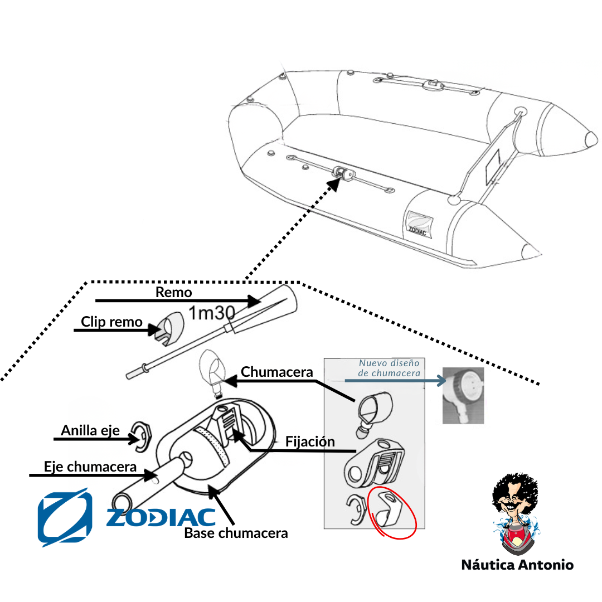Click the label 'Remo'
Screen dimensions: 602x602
pyautogui.click(x=173, y=292)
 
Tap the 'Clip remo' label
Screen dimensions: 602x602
pyautogui.click(x=111, y=322)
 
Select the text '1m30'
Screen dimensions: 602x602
pyautogui.click(x=211, y=313)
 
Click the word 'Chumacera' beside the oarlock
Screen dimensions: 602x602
pyautogui.click(x=276, y=372)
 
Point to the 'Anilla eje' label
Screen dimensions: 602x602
pyautogui.click(x=90, y=430)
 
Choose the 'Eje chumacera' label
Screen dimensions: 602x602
pyautogui.click(x=90, y=467)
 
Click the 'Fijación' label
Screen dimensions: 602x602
pyautogui.click(x=310, y=441)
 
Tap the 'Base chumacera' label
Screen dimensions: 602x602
pyautogui.click(x=236, y=533)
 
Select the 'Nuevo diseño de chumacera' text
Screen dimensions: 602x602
pyautogui.click(x=389, y=368)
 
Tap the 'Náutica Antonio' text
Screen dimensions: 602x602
pyautogui.click(x=517, y=565)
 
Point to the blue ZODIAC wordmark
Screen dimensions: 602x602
pyautogui.click(x=161, y=517)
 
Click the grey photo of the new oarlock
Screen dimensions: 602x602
pyautogui.click(x=463, y=395)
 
